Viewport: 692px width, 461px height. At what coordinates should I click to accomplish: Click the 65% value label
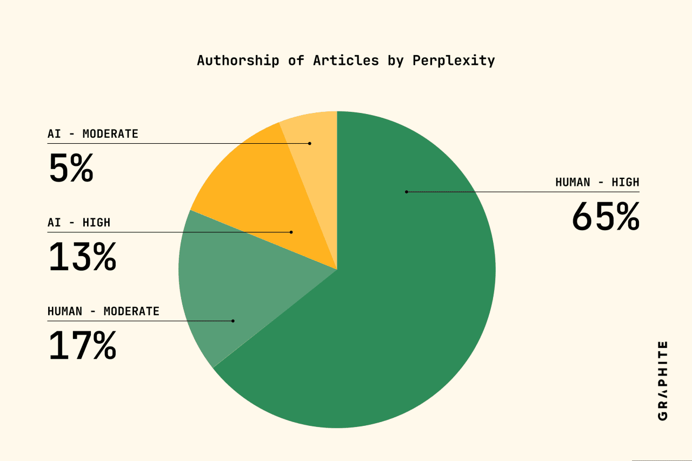(605, 217)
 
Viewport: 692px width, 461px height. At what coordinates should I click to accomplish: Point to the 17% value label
(82, 346)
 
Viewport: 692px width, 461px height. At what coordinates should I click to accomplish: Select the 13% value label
(82, 257)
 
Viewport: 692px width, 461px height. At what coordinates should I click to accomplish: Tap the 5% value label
(71, 169)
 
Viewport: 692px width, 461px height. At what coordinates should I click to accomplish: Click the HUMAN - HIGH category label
(597, 182)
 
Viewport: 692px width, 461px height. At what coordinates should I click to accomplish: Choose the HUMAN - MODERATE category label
(103, 311)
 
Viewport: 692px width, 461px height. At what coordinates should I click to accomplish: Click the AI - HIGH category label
(79, 223)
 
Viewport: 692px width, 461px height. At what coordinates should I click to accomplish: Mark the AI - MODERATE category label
(93, 134)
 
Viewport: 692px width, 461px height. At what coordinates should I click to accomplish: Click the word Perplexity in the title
(454, 61)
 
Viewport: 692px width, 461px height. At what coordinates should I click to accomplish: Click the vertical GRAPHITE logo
(662, 380)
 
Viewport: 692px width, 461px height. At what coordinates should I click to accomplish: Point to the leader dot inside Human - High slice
(407, 192)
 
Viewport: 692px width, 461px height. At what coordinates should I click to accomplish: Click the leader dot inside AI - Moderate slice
(310, 143)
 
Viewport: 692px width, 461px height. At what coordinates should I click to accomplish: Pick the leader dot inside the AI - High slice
(291, 232)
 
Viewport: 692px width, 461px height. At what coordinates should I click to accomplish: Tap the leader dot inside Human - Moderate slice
(233, 320)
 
